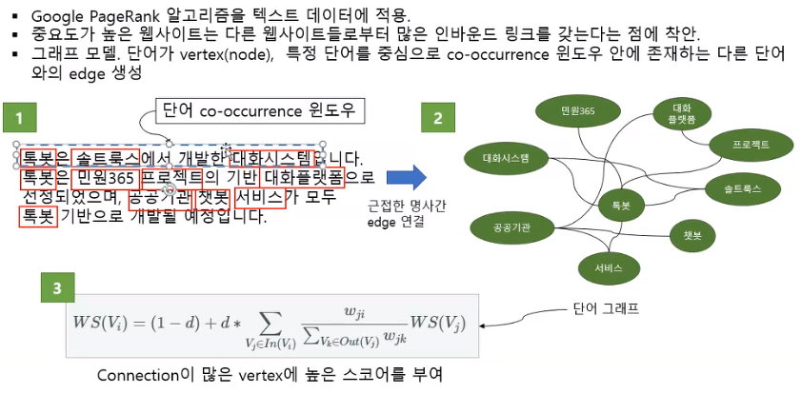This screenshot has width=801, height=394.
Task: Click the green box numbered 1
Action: [x=18, y=120]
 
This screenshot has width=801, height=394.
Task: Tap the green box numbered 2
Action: [x=438, y=120]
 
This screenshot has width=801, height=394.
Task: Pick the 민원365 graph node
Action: [x=578, y=111]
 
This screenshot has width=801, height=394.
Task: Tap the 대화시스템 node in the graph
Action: [x=505, y=157]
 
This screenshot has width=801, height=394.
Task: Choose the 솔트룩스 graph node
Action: [x=742, y=189]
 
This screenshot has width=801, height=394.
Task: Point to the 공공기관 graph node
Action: [x=512, y=227]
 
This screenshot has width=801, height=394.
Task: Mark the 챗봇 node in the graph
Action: [x=691, y=234]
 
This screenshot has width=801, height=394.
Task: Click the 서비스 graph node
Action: [x=610, y=268]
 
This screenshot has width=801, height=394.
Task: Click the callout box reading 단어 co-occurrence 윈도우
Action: [x=258, y=110]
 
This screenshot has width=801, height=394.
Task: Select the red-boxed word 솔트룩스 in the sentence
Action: [x=105, y=156]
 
